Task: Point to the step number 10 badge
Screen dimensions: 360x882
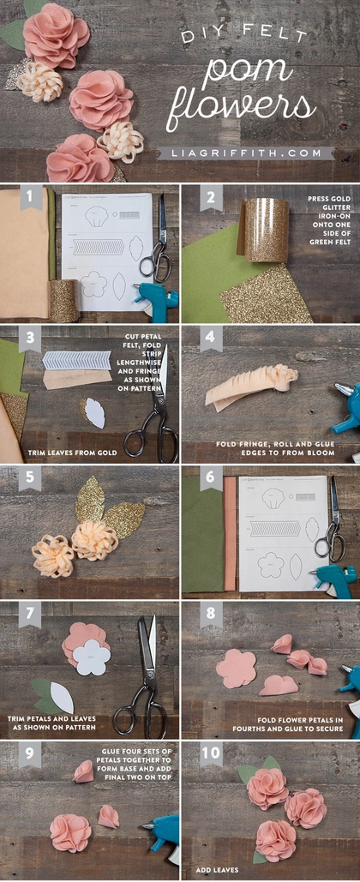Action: pyautogui.click(x=212, y=754)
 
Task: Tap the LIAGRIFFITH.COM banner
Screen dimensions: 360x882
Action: pyautogui.click(x=246, y=153)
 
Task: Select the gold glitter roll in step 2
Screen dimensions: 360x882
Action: pyautogui.click(x=258, y=230)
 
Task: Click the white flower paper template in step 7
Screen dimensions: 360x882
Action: pyautogui.click(x=92, y=657)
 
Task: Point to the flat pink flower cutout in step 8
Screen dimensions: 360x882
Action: pyautogui.click(x=236, y=669)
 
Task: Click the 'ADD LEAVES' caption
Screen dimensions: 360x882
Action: pyautogui.click(x=217, y=870)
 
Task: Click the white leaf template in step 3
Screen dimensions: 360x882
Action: pyautogui.click(x=96, y=413)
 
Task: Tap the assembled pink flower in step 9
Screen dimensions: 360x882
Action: pyautogui.click(x=70, y=832)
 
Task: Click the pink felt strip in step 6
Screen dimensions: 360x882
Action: pyautogui.click(x=230, y=532)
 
